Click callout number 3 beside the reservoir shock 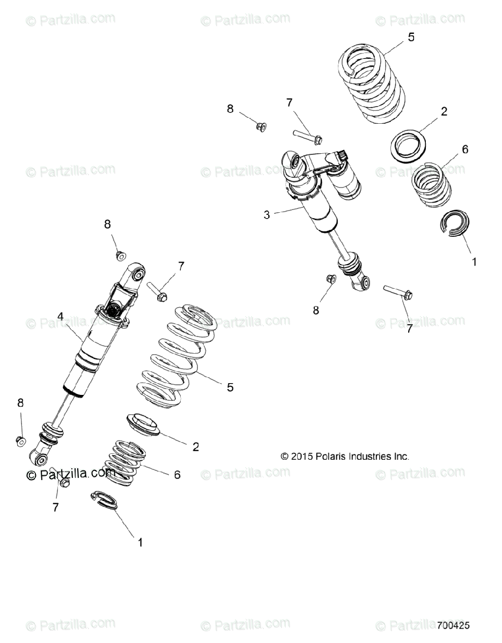coord(267,215)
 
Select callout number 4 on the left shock coord(61,317)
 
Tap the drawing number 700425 coord(454,625)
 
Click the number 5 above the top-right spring coord(411,37)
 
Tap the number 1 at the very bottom coord(140,542)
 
